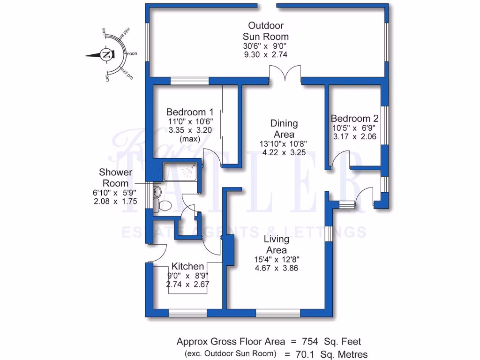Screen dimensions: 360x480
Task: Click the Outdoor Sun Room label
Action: pos(265,31)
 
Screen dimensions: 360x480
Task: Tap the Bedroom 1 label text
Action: pos(190,112)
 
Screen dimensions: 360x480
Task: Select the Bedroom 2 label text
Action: pos(354,118)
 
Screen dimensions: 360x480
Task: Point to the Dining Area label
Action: pos(284,129)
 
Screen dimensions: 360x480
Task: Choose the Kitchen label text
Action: pos(188,266)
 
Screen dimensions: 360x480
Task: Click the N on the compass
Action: pos(106,54)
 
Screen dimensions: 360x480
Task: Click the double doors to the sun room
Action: pos(284,75)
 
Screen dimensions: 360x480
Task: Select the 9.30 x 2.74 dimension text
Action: pos(265,54)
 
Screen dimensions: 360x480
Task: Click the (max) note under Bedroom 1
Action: pos(190,139)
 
